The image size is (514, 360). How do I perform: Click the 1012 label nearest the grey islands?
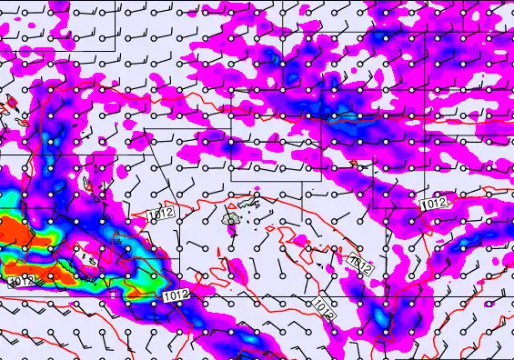(159, 214)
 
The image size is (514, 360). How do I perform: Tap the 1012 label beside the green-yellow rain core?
(176, 295)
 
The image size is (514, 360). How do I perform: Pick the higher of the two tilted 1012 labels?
(361, 263)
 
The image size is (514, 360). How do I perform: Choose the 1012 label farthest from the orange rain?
(435, 202)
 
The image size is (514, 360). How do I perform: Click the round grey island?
(232, 218)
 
